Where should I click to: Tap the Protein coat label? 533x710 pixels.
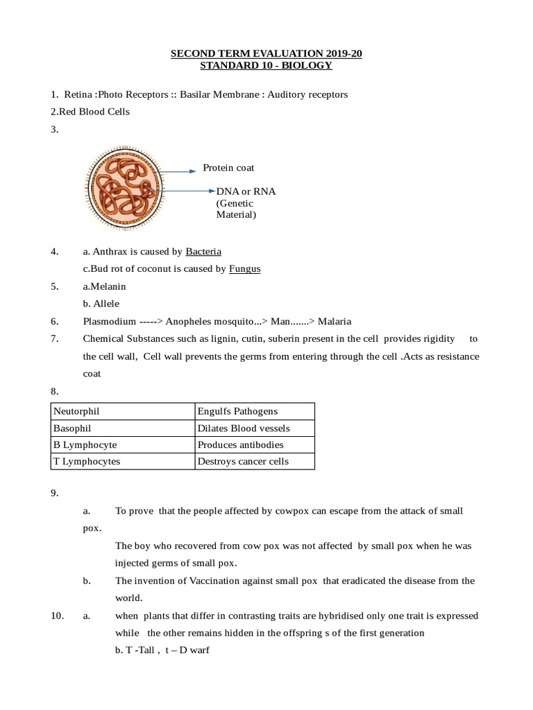(x=228, y=168)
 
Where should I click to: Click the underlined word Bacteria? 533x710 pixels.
(x=203, y=251)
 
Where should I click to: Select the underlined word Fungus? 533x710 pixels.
(x=245, y=268)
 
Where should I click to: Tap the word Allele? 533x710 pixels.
(x=108, y=304)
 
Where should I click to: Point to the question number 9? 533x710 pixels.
(x=54, y=494)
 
